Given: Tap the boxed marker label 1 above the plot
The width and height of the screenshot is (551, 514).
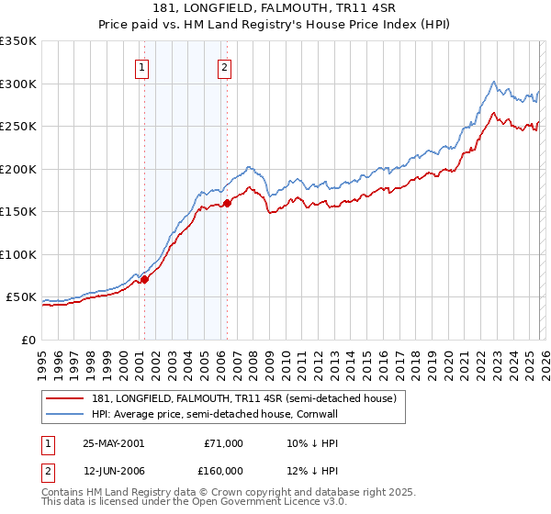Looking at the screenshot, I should pos(143,66).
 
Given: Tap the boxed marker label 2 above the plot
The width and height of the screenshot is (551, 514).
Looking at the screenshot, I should pos(225,66).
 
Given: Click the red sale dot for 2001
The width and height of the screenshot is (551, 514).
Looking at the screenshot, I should pos(145,280).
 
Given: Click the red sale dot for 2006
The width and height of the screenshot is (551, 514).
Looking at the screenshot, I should pos(227,204).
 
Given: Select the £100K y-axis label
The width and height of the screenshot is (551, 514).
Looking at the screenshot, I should pos(19,254).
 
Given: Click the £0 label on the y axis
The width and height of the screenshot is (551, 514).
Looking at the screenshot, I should pos(28,340).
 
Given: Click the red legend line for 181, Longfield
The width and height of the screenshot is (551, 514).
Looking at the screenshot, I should pos(64,399).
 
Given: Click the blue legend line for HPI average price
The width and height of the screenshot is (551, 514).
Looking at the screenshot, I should pos(64,414).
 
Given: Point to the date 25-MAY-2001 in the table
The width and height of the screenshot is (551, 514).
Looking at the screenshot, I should pos(113,443).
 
